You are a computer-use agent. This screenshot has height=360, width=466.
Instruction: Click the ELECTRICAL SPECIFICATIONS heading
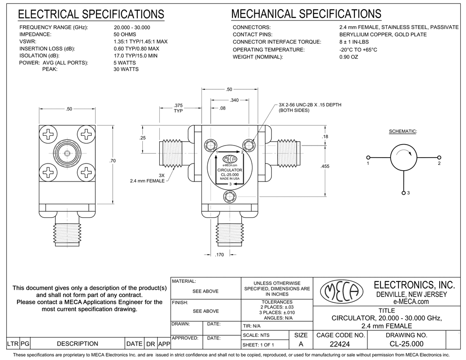coord(91,15)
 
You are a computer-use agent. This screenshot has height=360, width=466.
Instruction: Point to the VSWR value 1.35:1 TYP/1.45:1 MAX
coord(140,42)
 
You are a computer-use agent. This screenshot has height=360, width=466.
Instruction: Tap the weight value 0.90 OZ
coord(349,57)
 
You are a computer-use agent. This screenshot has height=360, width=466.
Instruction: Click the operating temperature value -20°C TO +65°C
coord(358,49)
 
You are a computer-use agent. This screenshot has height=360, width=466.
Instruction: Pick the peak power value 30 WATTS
coord(126,69)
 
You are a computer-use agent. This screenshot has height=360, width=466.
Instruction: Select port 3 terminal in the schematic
coord(404,193)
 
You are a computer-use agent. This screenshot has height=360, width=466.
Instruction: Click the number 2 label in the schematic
coord(439,164)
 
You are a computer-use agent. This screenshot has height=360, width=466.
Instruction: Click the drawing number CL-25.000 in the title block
coord(406,344)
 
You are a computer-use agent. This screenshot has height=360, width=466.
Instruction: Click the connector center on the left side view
coord(67,154)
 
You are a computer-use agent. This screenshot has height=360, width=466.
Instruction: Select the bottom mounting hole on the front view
coord(230,196)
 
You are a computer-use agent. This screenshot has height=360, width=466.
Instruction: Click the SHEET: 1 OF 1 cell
coord(257,345)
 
